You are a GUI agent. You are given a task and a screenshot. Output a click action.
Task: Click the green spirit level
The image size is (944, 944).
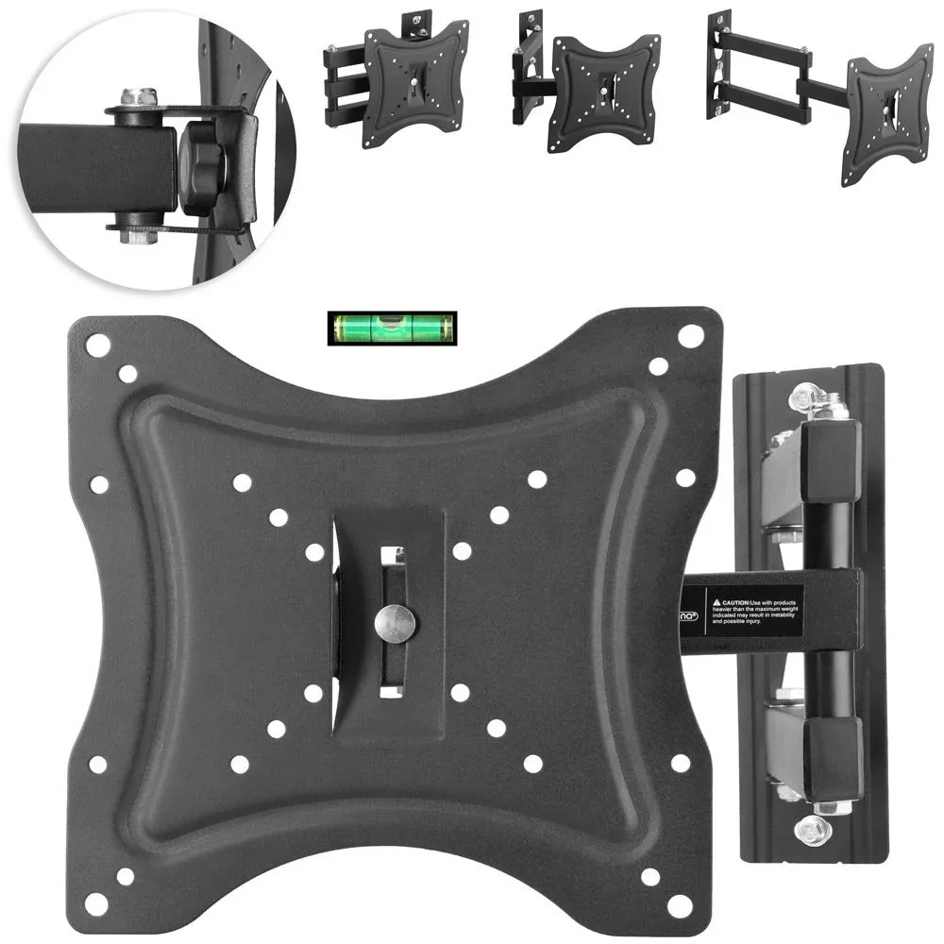[x=392, y=329]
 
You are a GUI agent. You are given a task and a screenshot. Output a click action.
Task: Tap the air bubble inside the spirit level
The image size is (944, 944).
[x=390, y=329]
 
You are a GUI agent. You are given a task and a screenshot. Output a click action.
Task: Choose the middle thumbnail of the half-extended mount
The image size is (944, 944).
[x=585, y=80]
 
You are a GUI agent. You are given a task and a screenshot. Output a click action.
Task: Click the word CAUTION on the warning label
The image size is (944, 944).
[x=738, y=599]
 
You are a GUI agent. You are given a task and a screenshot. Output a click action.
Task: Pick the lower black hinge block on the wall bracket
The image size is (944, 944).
[x=833, y=755]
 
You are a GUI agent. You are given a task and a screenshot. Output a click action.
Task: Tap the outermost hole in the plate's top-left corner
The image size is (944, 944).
[x=97, y=345]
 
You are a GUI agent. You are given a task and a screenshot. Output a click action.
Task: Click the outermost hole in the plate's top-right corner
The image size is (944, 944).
[x=690, y=335]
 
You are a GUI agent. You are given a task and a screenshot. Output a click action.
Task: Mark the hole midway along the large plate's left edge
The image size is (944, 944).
[x=99, y=485]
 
